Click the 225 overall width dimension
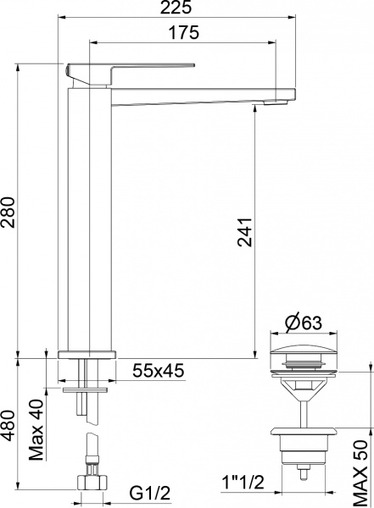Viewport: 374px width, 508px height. click(x=177, y=8)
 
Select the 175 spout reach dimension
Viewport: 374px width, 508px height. click(x=183, y=33)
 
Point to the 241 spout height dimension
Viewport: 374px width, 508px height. click(x=244, y=231)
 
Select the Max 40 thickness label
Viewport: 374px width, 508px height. click(x=36, y=429)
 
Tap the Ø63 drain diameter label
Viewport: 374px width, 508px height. click(x=299, y=323)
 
